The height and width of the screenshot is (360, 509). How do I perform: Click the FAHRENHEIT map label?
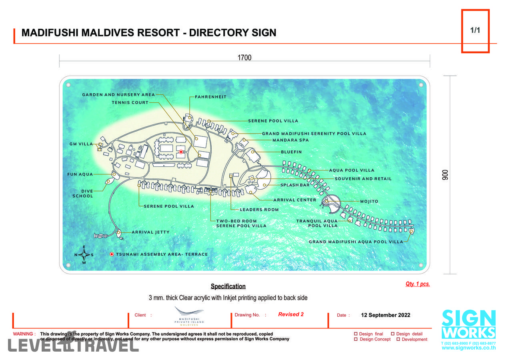point(210,97)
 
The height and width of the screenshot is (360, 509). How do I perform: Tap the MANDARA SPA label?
point(290,140)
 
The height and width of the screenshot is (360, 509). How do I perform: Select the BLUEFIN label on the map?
point(291,152)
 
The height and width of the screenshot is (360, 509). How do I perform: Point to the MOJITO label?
point(369,202)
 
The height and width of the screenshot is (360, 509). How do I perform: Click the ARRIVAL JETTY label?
point(150,232)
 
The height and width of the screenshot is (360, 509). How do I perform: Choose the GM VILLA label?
point(81,144)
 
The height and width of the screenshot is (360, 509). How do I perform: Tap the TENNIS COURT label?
point(130,102)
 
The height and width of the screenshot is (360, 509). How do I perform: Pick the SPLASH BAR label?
point(295,185)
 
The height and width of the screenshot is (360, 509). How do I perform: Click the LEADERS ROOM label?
point(259,210)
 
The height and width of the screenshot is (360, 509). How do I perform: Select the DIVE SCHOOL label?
point(83,194)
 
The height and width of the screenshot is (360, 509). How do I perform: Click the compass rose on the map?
point(84,255)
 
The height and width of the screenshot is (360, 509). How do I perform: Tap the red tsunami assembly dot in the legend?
point(112,254)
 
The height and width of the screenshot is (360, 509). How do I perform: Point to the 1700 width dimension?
point(244,58)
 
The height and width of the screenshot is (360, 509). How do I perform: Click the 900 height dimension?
point(445,175)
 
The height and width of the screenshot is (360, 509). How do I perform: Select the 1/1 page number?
point(475,30)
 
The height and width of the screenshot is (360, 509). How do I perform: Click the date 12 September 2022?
point(385,315)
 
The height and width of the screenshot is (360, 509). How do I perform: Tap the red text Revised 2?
point(291,314)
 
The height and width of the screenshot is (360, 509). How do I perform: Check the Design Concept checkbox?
point(356,339)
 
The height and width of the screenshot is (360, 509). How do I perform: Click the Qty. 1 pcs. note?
point(417,284)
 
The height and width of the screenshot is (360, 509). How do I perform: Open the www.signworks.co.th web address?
point(469,348)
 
